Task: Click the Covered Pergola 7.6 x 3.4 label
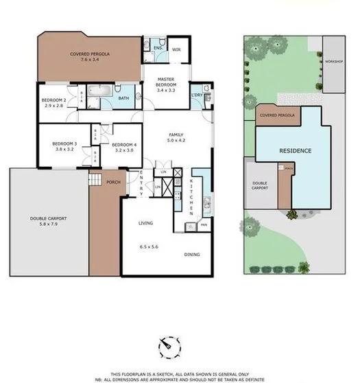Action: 90,57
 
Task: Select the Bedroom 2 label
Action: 55,104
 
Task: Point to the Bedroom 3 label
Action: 65,147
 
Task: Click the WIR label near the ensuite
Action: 176,49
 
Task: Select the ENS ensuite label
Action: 157,47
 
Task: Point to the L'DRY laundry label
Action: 197,95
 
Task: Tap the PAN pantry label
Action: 203,224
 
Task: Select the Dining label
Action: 192,255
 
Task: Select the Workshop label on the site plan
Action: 334,61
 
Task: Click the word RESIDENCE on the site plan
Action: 295,150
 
